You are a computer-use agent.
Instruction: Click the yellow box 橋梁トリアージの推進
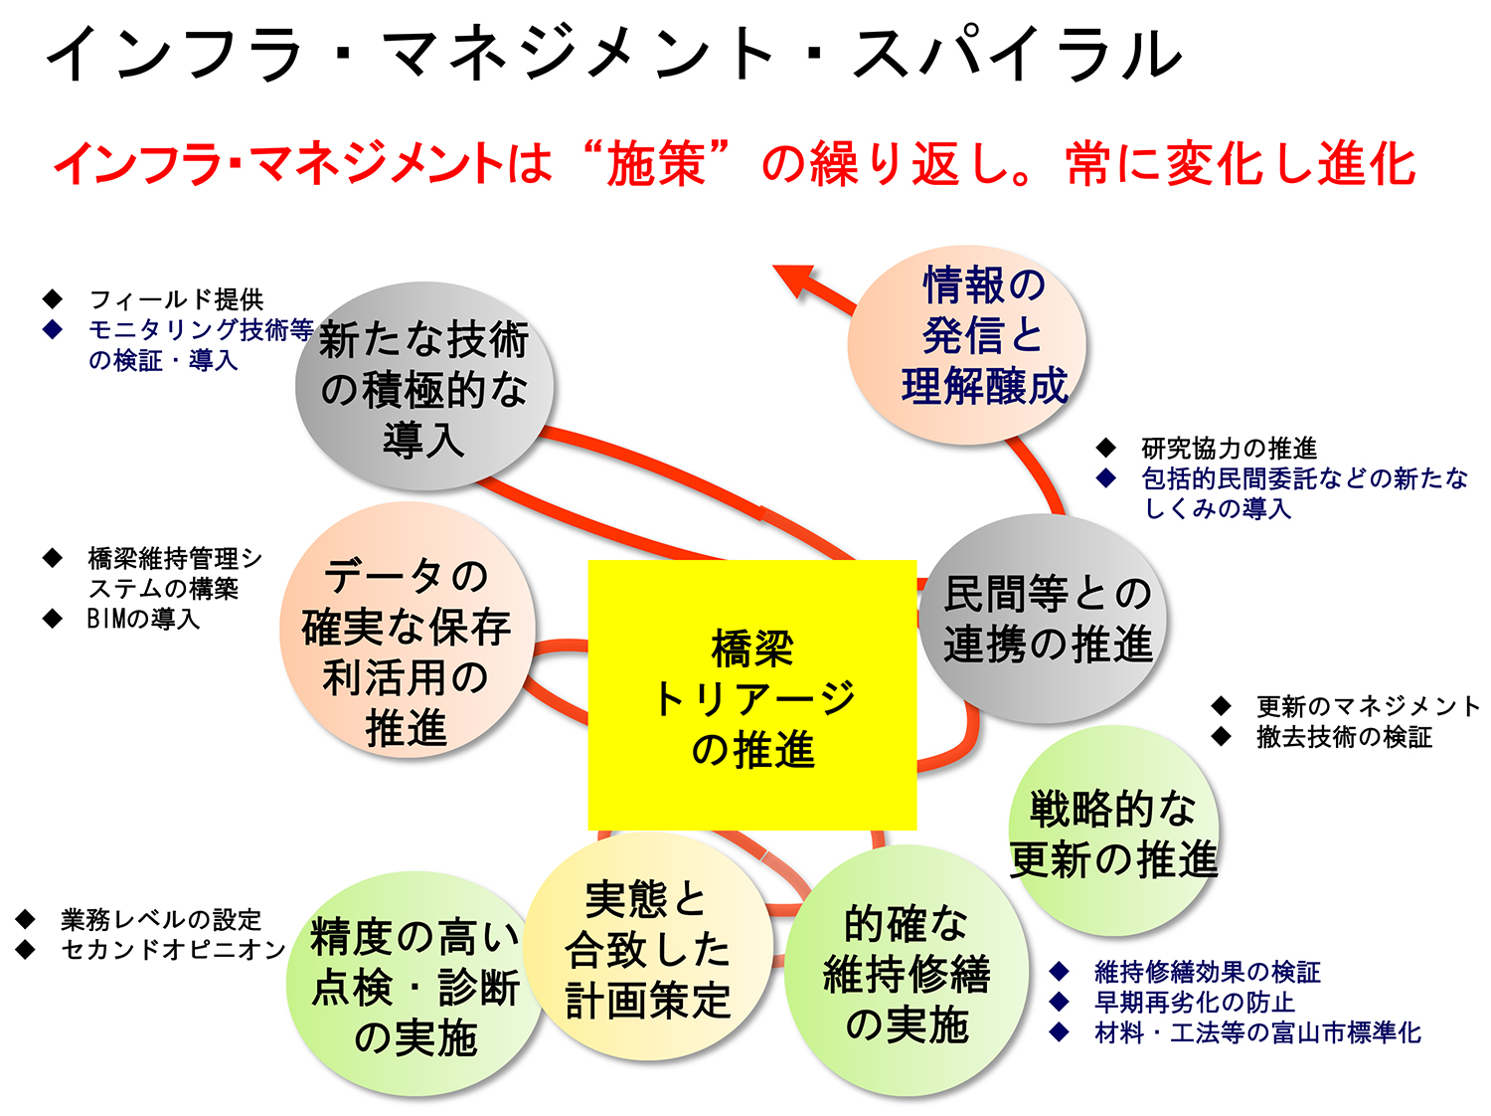[x=751, y=694]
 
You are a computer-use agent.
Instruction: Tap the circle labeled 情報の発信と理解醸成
[x=966, y=344]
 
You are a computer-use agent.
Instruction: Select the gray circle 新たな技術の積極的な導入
[x=423, y=386]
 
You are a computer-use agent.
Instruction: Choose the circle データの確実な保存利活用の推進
[x=407, y=630]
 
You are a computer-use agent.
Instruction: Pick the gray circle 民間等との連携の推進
[x=1042, y=618]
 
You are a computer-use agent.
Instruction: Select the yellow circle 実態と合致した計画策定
[x=647, y=948]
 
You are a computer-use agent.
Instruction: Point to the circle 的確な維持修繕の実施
[x=907, y=971]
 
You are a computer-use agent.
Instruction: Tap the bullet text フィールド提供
[x=176, y=299]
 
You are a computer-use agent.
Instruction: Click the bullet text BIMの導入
[x=143, y=619]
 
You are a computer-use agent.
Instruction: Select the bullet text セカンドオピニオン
[x=173, y=950]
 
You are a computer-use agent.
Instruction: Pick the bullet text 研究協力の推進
[x=1229, y=448]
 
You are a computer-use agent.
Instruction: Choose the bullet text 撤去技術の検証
[x=1344, y=737]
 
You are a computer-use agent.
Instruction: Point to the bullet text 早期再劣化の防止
[x=1194, y=1002]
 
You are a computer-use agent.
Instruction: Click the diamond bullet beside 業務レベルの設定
[x=25, y=919]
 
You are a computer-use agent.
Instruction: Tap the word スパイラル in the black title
[x=1017, y=53]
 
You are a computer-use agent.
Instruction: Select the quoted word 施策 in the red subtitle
[x=655, y=164]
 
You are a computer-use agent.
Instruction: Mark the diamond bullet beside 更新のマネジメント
[x=1221, y=706]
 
